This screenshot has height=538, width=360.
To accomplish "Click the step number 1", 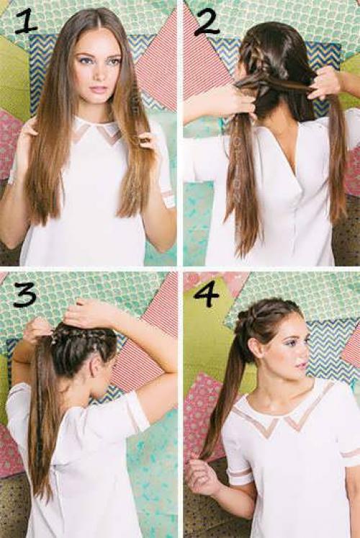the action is tap(26, 22).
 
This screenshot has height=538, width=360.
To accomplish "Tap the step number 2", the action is tap(207, 22).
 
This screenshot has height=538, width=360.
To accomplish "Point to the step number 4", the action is tap(206, 294).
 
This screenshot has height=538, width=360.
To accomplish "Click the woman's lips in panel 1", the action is tap(99, 89).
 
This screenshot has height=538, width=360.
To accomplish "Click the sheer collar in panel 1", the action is tap(97, 132).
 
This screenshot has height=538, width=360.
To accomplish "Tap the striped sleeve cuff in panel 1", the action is tap(168, 198).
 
